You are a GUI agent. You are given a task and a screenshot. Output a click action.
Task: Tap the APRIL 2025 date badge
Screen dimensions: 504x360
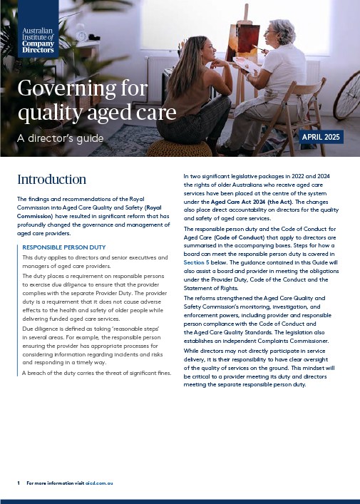point(322,137)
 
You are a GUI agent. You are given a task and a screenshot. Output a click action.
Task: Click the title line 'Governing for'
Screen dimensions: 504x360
point(83,88)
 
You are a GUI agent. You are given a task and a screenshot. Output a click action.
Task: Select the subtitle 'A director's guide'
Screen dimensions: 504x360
point(61,138)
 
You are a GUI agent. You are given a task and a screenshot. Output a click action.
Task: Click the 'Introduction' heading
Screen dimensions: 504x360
point(51,179)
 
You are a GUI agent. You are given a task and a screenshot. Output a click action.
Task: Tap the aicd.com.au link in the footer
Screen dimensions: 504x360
point(100,483)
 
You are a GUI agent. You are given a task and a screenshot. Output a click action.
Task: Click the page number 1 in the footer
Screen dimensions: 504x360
point(19,483)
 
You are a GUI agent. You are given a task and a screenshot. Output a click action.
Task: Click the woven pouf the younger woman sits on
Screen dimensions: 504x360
point(179,147)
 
